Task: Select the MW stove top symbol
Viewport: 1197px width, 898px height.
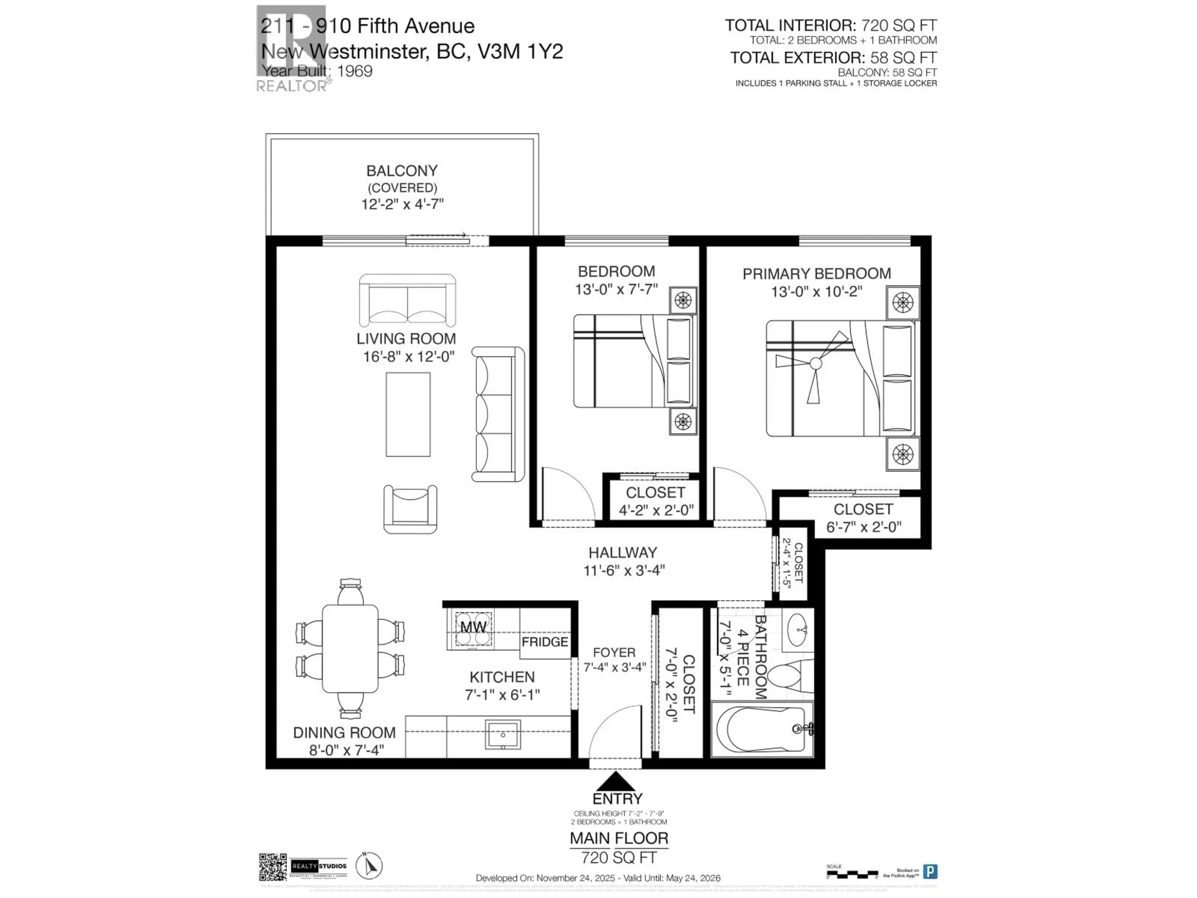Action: pos(473,628)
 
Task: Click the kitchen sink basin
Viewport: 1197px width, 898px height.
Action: pos(503,735)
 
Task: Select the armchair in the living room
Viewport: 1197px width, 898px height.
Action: pos(410,509)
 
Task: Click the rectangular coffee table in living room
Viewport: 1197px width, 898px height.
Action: pos(408,414)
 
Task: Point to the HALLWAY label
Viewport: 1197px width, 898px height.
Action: pos(622,553)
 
